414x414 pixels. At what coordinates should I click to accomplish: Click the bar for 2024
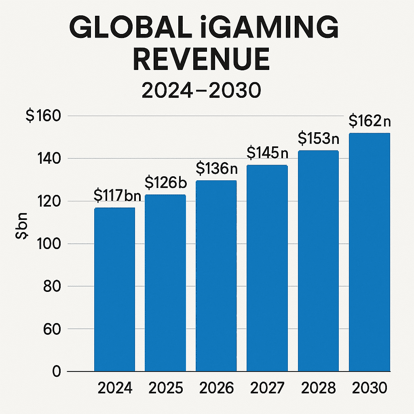(115, 289)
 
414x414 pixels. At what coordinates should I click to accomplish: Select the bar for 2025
(165, 283)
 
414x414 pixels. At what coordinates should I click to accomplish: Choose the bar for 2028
(318, 261)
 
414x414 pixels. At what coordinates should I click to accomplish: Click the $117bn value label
(117, 196)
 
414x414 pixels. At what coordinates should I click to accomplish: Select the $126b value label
(165, 183)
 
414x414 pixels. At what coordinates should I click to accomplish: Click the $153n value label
(319, 138)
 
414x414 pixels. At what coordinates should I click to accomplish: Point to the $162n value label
(370, 121)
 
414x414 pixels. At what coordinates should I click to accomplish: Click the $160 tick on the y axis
(43, 116)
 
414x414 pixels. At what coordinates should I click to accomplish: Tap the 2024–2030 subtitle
(201, 91)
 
